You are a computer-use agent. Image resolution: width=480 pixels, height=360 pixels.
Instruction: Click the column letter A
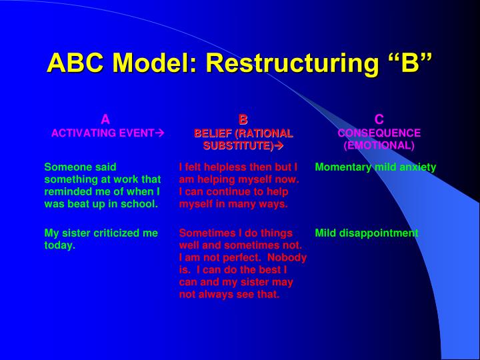point(105,120)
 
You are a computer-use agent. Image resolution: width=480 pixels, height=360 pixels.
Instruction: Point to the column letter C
point(379,120)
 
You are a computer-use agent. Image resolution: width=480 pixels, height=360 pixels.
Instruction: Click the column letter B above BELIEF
point(243,120)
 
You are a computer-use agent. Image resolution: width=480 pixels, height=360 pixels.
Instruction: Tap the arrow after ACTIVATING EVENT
point(159,133)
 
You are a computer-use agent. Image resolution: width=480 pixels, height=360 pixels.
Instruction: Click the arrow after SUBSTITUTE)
point(279,145)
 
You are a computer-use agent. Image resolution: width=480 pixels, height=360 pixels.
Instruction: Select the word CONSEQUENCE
point(379,133)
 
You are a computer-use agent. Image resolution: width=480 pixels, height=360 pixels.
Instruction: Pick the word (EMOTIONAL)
point(379,145)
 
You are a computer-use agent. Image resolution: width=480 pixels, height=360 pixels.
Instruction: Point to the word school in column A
point(141,204)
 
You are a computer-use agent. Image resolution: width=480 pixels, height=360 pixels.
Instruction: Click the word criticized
point(113,233)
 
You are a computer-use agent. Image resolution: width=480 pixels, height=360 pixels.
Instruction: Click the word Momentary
point(341,167)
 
